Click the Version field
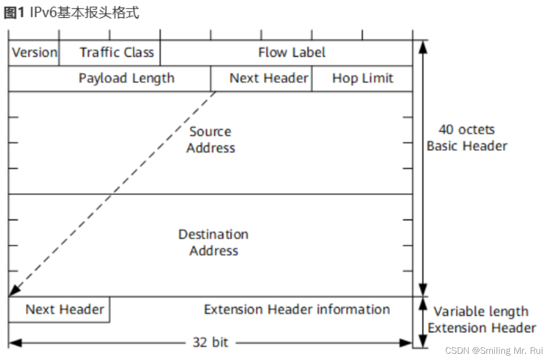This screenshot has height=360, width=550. click(34, 52)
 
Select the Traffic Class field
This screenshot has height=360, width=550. click(117, 52)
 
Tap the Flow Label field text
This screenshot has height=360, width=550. click(292, 52)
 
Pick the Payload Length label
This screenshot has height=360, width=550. click(126, 78)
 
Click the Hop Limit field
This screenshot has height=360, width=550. click(362, 78)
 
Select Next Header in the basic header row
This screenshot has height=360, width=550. click(269, 78)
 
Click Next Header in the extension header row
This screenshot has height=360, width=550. click(64, 309)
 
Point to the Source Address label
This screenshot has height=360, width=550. click(211, 139)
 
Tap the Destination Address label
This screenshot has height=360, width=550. click(213, 242)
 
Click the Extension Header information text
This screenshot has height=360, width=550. click(297, 309)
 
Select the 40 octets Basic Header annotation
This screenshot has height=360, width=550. click(467, 137)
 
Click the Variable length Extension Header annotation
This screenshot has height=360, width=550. click(482, 320)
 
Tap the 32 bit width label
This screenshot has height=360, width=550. click(211, 343)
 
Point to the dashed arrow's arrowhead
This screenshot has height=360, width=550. click(14, 291)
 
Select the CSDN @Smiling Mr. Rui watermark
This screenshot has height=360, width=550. click(494, 350)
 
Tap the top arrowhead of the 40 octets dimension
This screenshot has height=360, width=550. click(422, 46)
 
